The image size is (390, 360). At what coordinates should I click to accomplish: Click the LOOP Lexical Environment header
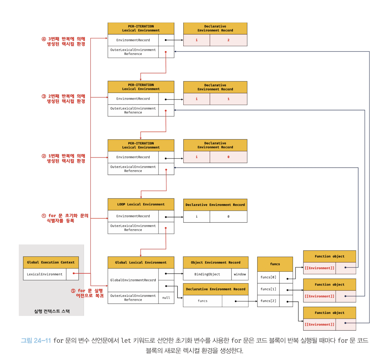pyautogui.click(x=141, y=204)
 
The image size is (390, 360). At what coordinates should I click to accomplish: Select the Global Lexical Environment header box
pyautogui.click(x=141, y=262)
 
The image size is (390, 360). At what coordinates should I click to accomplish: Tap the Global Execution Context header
pyautogui.click(x=51, y=262)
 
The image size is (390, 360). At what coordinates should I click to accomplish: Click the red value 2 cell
pyautogui.click(x=228, y=40)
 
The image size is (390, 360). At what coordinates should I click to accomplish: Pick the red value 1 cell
pyautogui.click(x=228, y=99)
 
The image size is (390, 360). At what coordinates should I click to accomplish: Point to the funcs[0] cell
pyautogui.click(x=268, y=277)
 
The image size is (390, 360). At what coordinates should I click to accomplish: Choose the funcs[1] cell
pyautogui.click(x=268, y=289)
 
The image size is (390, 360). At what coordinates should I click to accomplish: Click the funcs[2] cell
pyautogui.click(x=268, y=301)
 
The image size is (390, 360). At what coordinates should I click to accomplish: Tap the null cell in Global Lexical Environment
pyautogui.click(x=166, y=298)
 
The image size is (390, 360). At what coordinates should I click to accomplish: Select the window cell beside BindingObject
pyautogui.click(x=240, y=274)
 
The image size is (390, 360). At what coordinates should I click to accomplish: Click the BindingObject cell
pyautogui.click(x=207, y=274)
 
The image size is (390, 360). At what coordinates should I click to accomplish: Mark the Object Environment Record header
pyautogui.click(x=216, y=262)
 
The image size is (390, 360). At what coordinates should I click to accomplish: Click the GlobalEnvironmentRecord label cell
pyautogui.click(x=133, y=280)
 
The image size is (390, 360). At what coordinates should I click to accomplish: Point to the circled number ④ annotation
pyautogui.click(x=44, y=39)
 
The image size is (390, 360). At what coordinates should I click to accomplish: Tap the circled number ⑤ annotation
pyautogui.click(x=73, y=291)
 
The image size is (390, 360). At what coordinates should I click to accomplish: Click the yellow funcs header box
pyautogui.click(x=275, y=264)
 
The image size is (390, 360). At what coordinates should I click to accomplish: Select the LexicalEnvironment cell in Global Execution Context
pyautogui.click(x=44, y=274)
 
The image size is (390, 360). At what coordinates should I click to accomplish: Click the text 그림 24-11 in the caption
pyautogui.click(x=36, y=340)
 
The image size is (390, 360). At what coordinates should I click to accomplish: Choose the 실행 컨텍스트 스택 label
pyautogui.click(x=52, y=311)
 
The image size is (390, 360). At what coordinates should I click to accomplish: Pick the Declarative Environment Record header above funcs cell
pyautogui.click(x=216, y=289)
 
